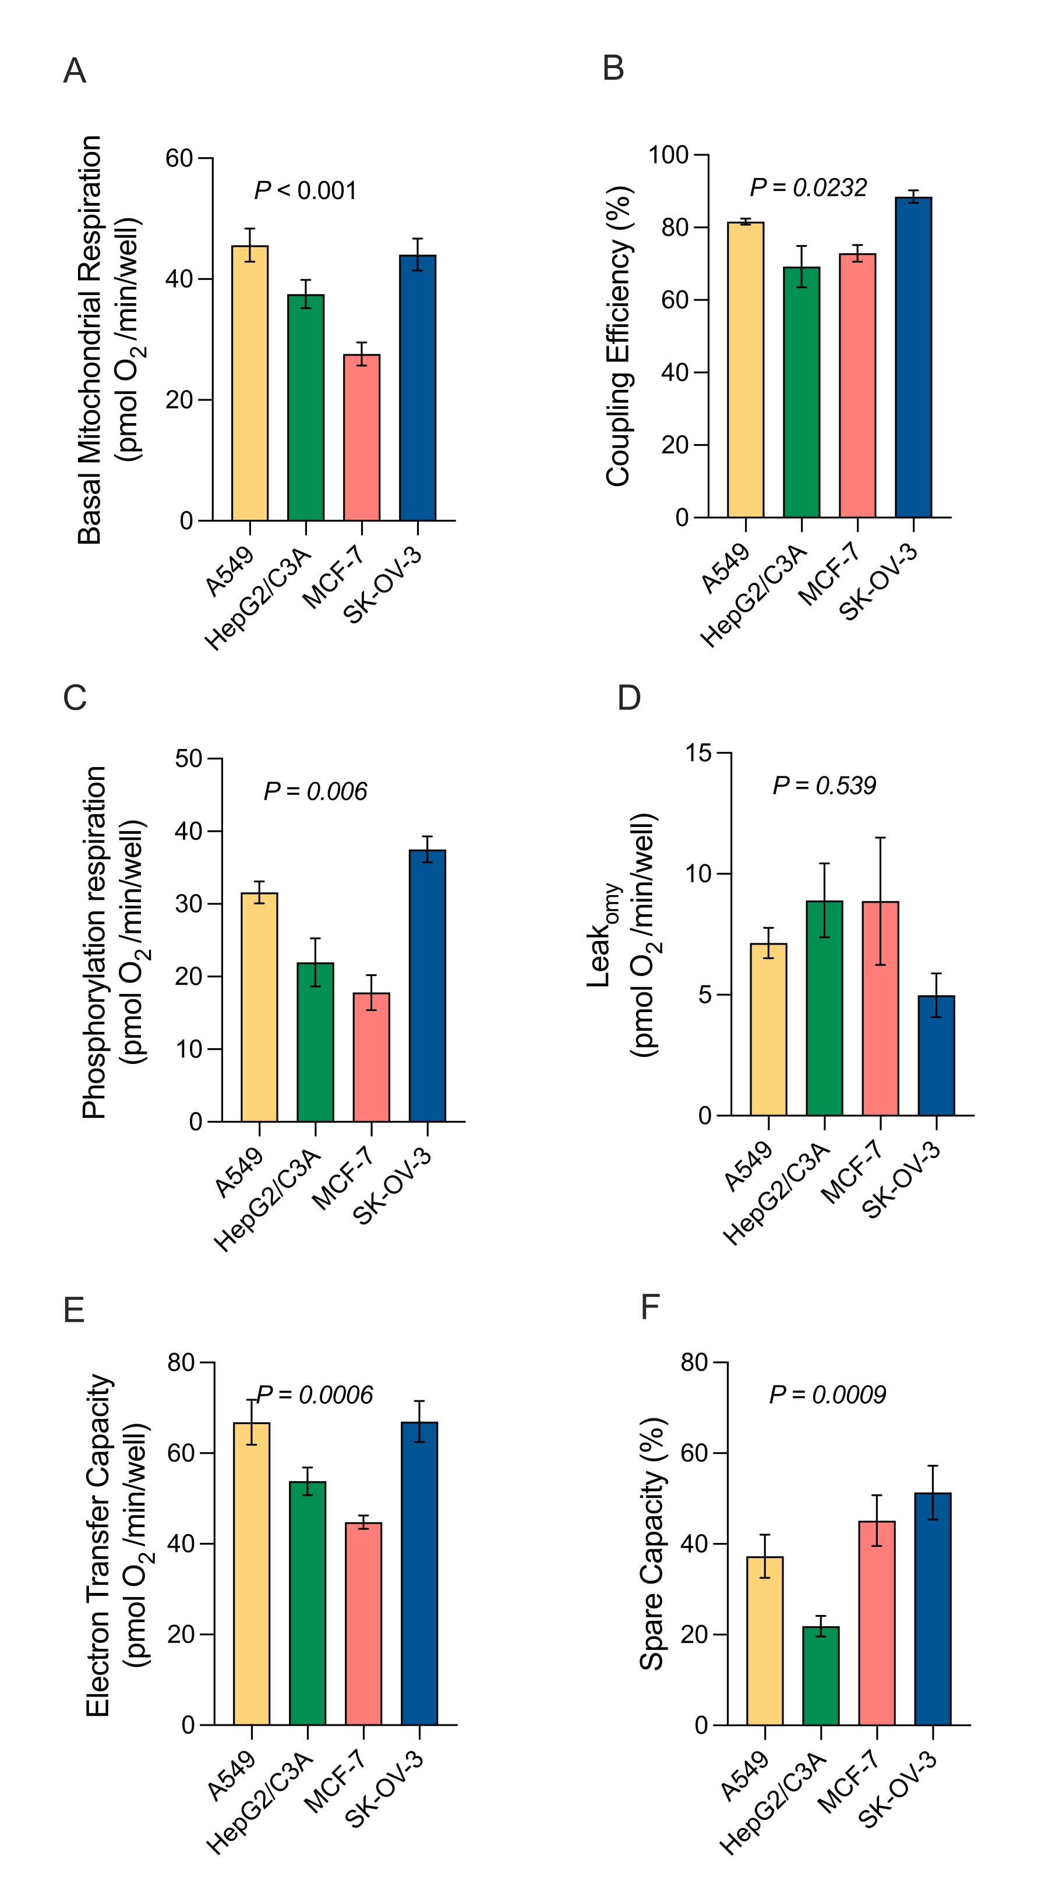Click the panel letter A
(75, 72)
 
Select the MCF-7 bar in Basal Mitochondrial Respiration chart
(362, 438)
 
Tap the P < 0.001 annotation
(305, 191)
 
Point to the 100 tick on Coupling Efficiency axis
(668, 155)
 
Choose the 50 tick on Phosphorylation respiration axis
(189, 758)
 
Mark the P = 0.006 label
(315, 792)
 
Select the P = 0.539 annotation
(824, 786)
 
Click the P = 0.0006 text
(315, 1394)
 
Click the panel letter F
(650, 1307)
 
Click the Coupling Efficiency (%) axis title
(619, 336)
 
